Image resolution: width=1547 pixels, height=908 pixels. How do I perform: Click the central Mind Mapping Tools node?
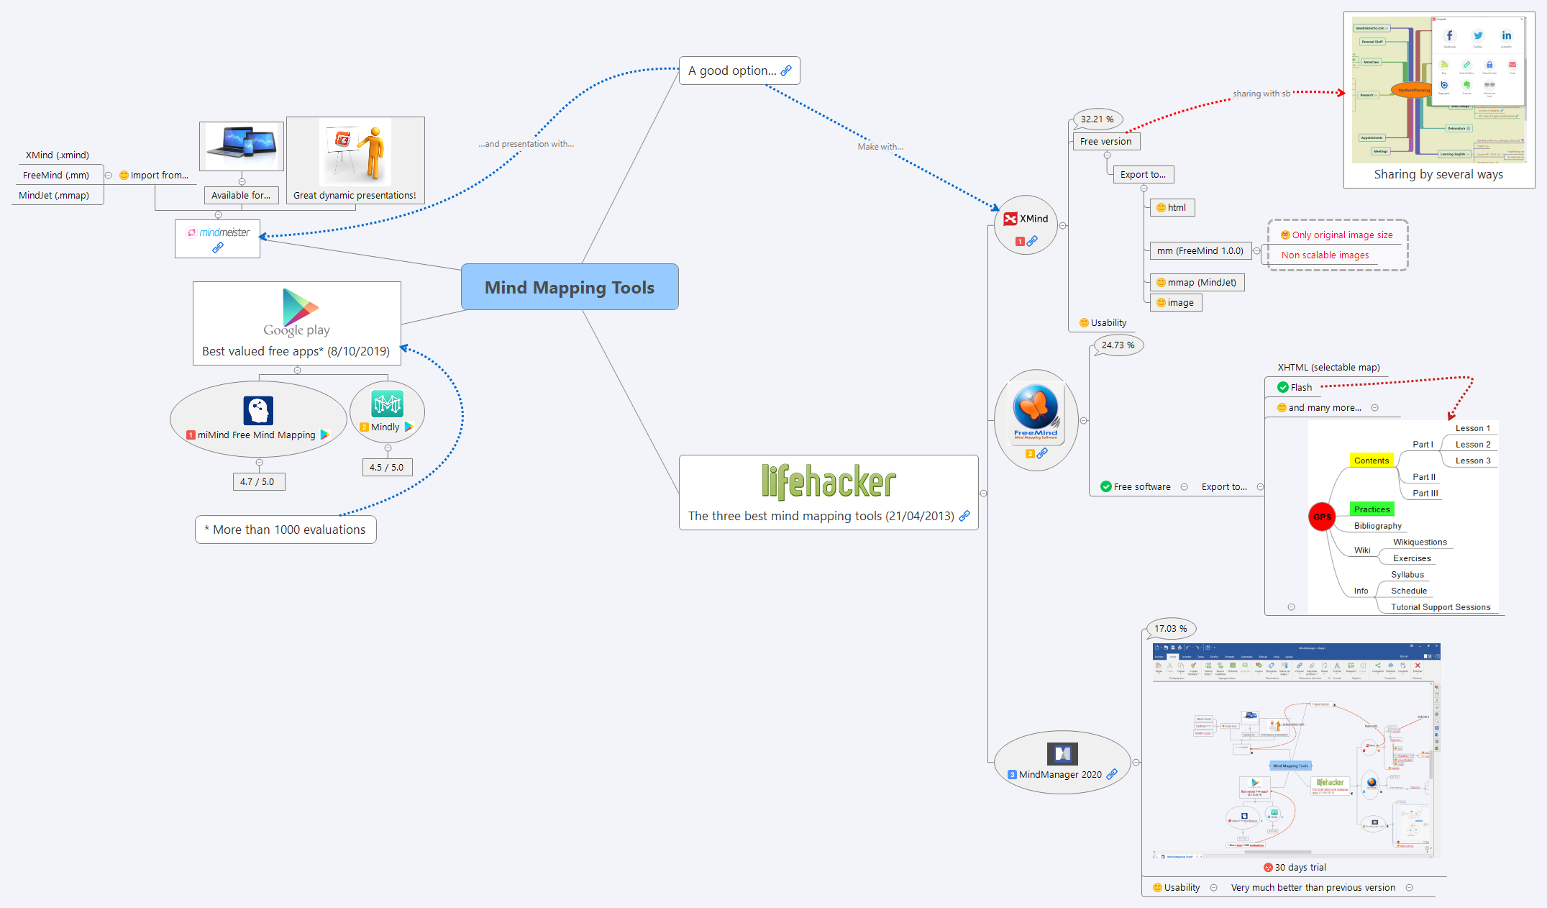pyautogui.click(x=569, y=287)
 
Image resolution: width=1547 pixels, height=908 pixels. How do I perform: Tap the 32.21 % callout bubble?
pyautogui.click(x=1097, y=119)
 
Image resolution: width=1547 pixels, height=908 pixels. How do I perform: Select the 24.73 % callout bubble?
pyautogui.click(x=1118, y=345)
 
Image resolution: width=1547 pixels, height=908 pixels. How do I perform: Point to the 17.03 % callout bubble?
pyautogui.click(x=1170, y=629)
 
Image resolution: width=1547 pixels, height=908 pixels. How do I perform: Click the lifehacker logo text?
pyautogui.click(x=829, y=481)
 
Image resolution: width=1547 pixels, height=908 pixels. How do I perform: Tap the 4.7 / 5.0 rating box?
pyautogui.click(x=257, y=482)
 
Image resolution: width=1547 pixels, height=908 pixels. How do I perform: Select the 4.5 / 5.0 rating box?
pyautogui.click(x=387, y=468)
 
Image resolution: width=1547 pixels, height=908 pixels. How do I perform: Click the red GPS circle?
pyautogui.click(x=1321, y=517)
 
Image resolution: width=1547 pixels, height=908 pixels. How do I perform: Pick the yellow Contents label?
pyautogui.click(x=1371, y=460)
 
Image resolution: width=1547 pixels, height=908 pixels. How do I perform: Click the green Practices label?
pyautogui.click(x=1372, y=509)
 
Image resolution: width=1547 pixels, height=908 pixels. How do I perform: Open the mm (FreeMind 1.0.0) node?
pyautogui.click(x=1199, y=251)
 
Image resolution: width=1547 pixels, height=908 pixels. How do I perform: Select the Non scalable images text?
pyautogui.click(x=1325, y=255)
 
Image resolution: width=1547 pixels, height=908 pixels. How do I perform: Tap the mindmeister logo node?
pyautogui.click(x=218, y=233)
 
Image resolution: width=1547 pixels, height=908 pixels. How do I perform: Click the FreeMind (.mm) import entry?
pyautogui.click(x=56, y=176)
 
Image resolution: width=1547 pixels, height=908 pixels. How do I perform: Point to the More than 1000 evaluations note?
pyautogui.click(x=286, y=530)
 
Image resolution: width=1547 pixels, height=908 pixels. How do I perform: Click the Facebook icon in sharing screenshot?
pyautogui.click(x=1449, y=36)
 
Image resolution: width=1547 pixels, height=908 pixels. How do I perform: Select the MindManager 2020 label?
pyautogui.click(x=1059, y=775)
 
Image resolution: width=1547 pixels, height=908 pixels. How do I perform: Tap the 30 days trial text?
pyautogui.click(x=1300, y=868)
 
